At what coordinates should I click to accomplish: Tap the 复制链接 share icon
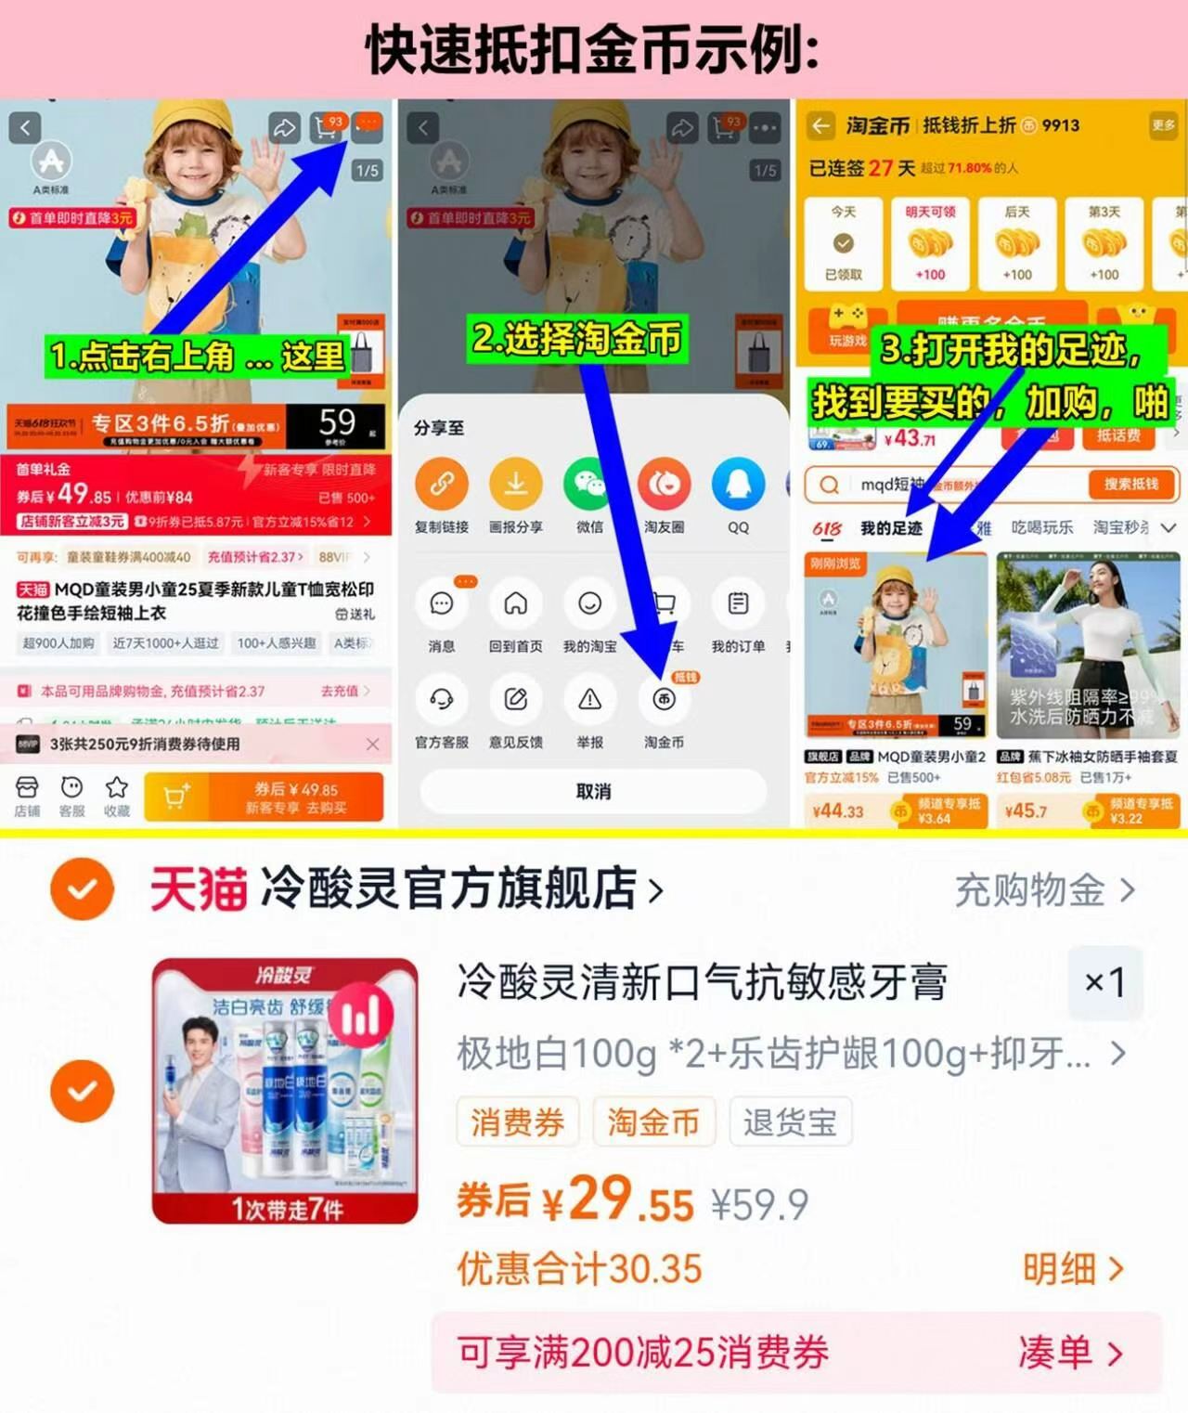[441, 484]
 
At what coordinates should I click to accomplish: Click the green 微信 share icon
[589, 484]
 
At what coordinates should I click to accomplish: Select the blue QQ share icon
[738, 484]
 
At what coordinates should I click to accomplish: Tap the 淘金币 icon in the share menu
[664, 700]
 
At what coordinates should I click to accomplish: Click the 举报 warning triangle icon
[589, 700]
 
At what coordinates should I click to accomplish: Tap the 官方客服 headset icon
[441, 700]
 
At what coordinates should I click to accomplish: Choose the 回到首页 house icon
[515, 604]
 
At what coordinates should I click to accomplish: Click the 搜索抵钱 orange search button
[1130, 484]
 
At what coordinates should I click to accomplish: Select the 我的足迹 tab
[890, 528]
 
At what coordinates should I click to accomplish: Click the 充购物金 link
[1043, 890]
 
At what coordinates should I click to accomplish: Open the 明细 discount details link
[1072, 1268]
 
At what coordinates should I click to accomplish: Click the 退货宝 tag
[790, 1122]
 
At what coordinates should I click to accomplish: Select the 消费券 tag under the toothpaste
[517, 1122]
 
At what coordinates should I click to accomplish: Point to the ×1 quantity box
[1104, 982]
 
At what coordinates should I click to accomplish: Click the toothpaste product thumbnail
[285, 1090]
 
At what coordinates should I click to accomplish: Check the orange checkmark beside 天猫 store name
[83, 888]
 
